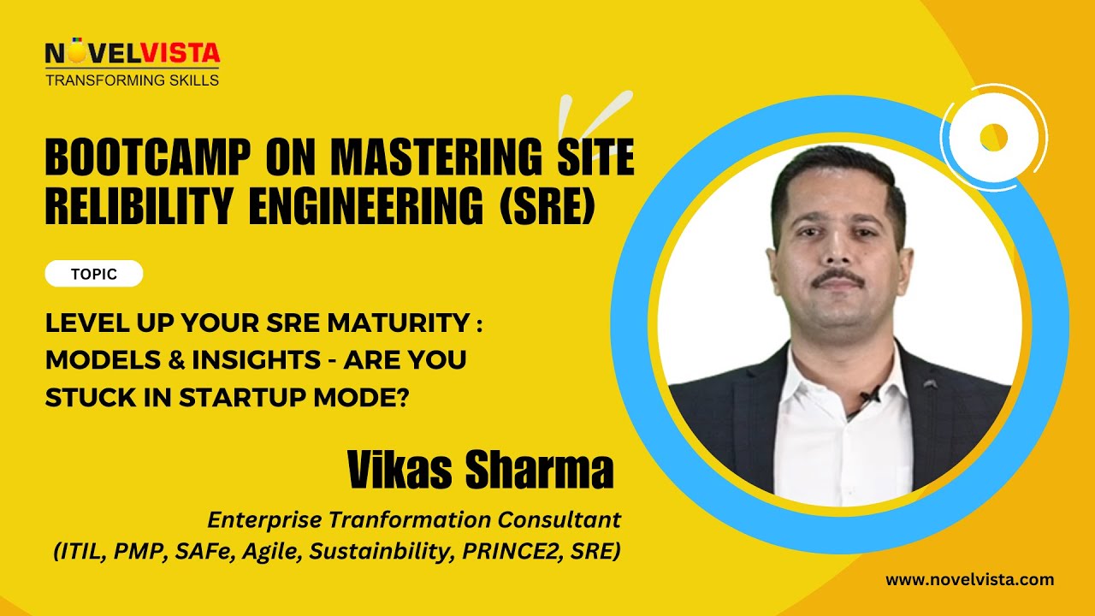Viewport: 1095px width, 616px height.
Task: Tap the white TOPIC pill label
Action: pos(94,275)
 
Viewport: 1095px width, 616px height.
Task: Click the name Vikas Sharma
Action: pos(481,470)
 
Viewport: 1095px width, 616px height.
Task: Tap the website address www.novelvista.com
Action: pos(969,580)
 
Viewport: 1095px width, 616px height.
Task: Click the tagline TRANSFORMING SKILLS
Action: pos(132,80)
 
